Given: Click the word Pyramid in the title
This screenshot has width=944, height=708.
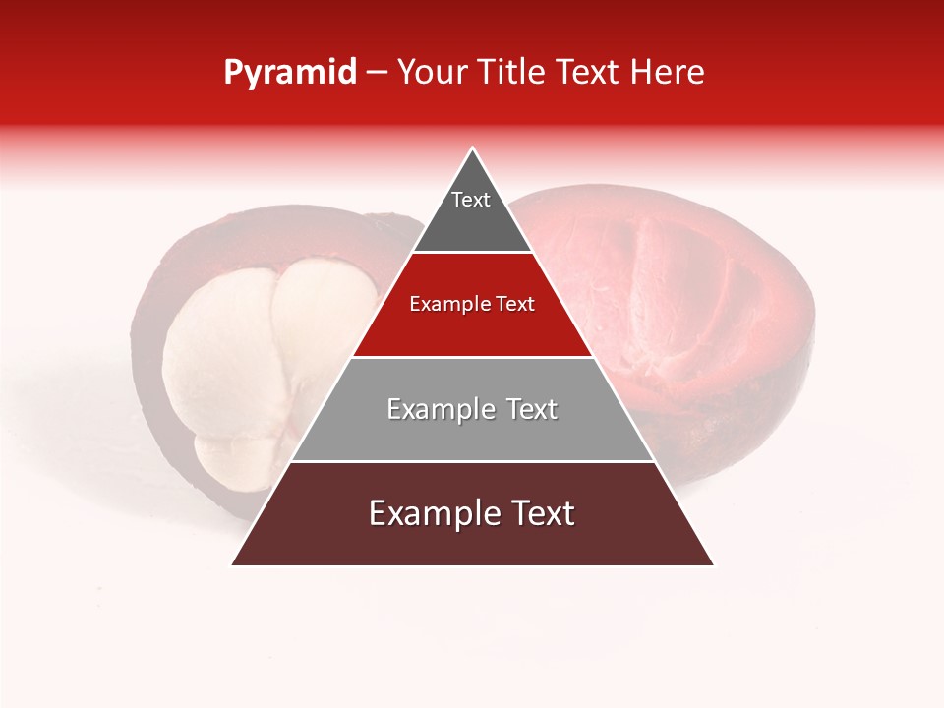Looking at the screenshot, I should pos(290,73).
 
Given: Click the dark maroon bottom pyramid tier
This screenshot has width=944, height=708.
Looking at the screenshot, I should pos(472,536).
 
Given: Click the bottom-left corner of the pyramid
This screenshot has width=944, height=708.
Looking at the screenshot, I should pos(234,563).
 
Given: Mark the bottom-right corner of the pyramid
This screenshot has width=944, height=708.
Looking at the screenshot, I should pos(712,563).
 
